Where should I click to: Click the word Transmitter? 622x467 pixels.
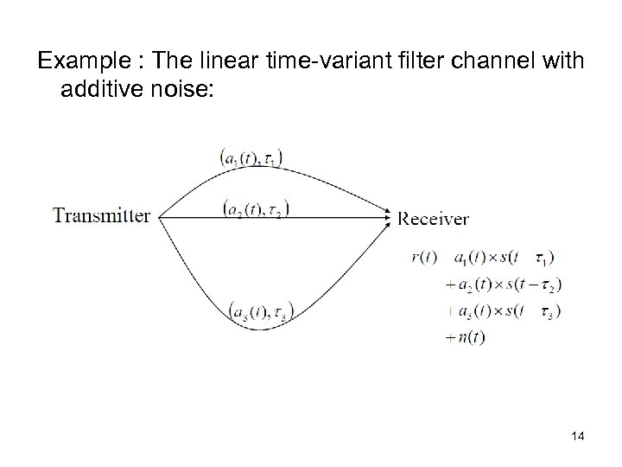point(102,215)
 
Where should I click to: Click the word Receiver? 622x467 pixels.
point(434,219)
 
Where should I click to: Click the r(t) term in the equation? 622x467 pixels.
point(424,257)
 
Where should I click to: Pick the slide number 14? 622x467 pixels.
point(577,438)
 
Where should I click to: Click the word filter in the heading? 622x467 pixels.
point(393,61)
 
